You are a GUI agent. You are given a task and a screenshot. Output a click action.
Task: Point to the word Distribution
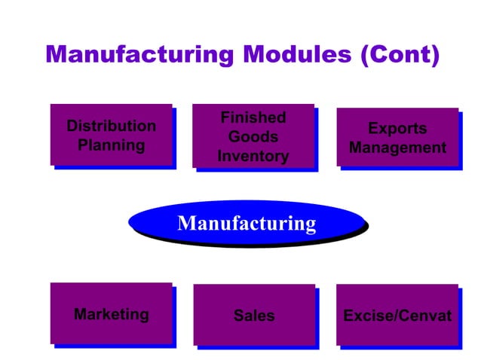coord(111,125)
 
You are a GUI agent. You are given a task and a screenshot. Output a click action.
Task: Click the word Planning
coord(111,145)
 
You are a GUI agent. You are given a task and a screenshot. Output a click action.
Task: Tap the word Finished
coord(253,117)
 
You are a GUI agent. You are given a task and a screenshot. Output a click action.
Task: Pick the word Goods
coord(253,137)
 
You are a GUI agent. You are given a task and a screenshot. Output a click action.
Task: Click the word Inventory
coord(253,157)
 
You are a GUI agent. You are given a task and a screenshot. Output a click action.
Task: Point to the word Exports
coord(397,129)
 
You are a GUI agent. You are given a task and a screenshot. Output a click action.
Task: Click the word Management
coord(397,148)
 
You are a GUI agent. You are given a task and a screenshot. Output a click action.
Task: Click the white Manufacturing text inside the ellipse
coord(247,223)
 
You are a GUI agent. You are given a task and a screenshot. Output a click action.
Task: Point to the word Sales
coord(253,316)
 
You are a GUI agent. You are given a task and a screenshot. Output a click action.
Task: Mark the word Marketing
coord(111,314)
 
